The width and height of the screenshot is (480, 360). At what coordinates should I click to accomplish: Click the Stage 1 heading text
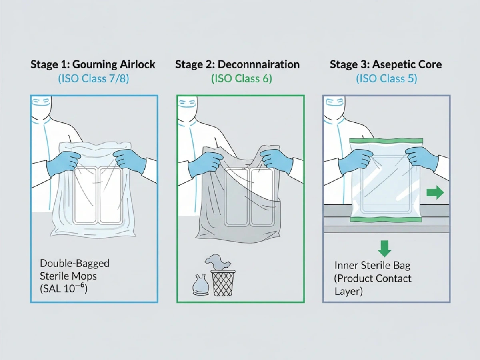point(93,64)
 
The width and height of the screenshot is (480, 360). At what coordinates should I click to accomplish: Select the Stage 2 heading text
point(237,64)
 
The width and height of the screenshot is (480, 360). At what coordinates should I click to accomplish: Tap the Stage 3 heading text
point(386,64)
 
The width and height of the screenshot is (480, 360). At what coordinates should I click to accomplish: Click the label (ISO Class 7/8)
point(93,79)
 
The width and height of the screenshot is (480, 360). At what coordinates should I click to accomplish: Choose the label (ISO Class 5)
point(386,79)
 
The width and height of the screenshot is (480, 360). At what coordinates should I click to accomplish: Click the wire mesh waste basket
point(223,283)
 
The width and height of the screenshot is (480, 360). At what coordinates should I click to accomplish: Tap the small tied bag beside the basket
point(200,285)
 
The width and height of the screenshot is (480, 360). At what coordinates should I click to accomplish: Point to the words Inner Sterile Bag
point(372,265)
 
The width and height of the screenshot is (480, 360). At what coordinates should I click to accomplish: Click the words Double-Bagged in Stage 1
point(74,263)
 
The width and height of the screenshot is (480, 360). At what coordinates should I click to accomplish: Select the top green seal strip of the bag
point(386,141)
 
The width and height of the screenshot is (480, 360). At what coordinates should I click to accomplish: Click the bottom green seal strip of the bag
point(386,219)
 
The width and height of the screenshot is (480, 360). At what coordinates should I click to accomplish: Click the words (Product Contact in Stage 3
point(372,278)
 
